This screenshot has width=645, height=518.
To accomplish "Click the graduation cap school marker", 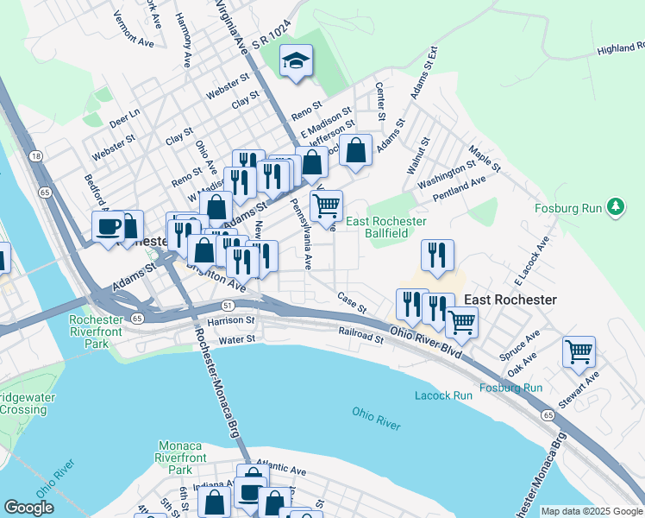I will [296, 61].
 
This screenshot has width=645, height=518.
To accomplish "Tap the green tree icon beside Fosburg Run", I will [616, 206].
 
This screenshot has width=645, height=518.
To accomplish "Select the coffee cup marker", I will [109, 227].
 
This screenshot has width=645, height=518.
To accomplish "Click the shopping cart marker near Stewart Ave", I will [579, 351].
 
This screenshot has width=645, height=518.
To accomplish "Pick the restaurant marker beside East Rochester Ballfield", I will [437, 256].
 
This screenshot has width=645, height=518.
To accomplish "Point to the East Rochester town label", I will [510, 300].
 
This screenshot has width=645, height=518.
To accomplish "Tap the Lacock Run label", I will [443, 395].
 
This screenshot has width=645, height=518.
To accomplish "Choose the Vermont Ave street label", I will [133, 34].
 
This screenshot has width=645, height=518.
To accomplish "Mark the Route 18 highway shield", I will [35, 155].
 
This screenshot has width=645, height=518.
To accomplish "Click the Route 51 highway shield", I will [227, 305].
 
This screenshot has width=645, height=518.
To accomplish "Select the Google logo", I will [28, 508].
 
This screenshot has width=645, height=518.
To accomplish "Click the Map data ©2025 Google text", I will [591, 511].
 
